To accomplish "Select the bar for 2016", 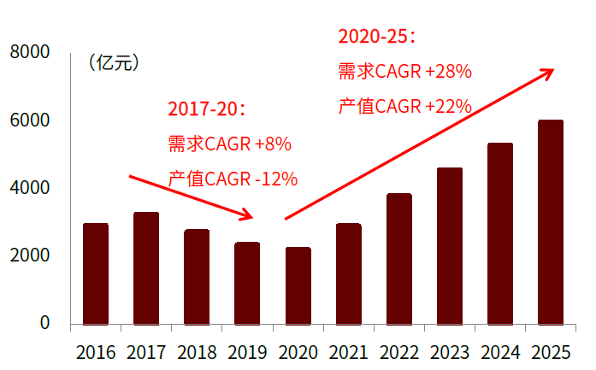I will tap(96, 273).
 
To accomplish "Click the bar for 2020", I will tap(298, 285).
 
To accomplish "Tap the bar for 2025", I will tap(551, 222).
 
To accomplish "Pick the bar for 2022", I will tap(399, 259).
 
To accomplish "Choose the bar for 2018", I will tap(197, 277).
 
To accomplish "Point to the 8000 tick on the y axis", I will tap(30, 53).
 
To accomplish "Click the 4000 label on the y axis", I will tap(30, 188).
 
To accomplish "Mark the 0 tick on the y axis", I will tap(44, 323).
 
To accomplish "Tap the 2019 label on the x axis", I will tap(248, 352).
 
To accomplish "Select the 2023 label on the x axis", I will tap(450, 352).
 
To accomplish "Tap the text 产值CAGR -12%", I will tap(233, 179).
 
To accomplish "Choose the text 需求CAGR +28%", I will tap(405, 72).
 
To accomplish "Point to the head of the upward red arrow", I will tap(552, 72).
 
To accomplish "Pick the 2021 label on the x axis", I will tap(349, 352).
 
